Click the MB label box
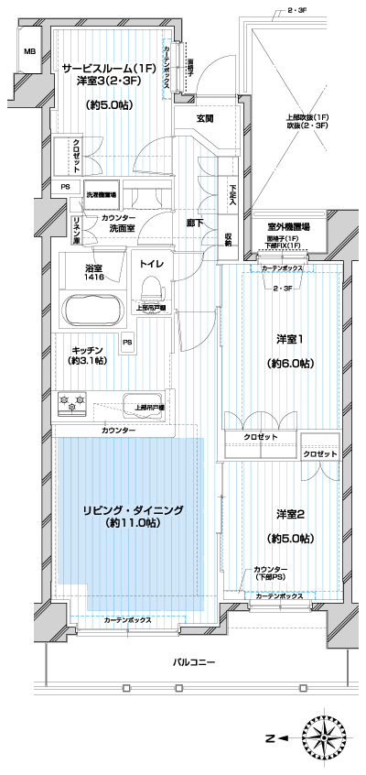click(x=29, y=52)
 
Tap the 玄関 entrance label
click(x=205, y=119)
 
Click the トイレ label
click(x=151, y=264)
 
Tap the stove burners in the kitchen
click(x=72, y=400)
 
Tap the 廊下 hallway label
click(x=195, y=223)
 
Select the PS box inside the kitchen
click(x=127, y=344)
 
